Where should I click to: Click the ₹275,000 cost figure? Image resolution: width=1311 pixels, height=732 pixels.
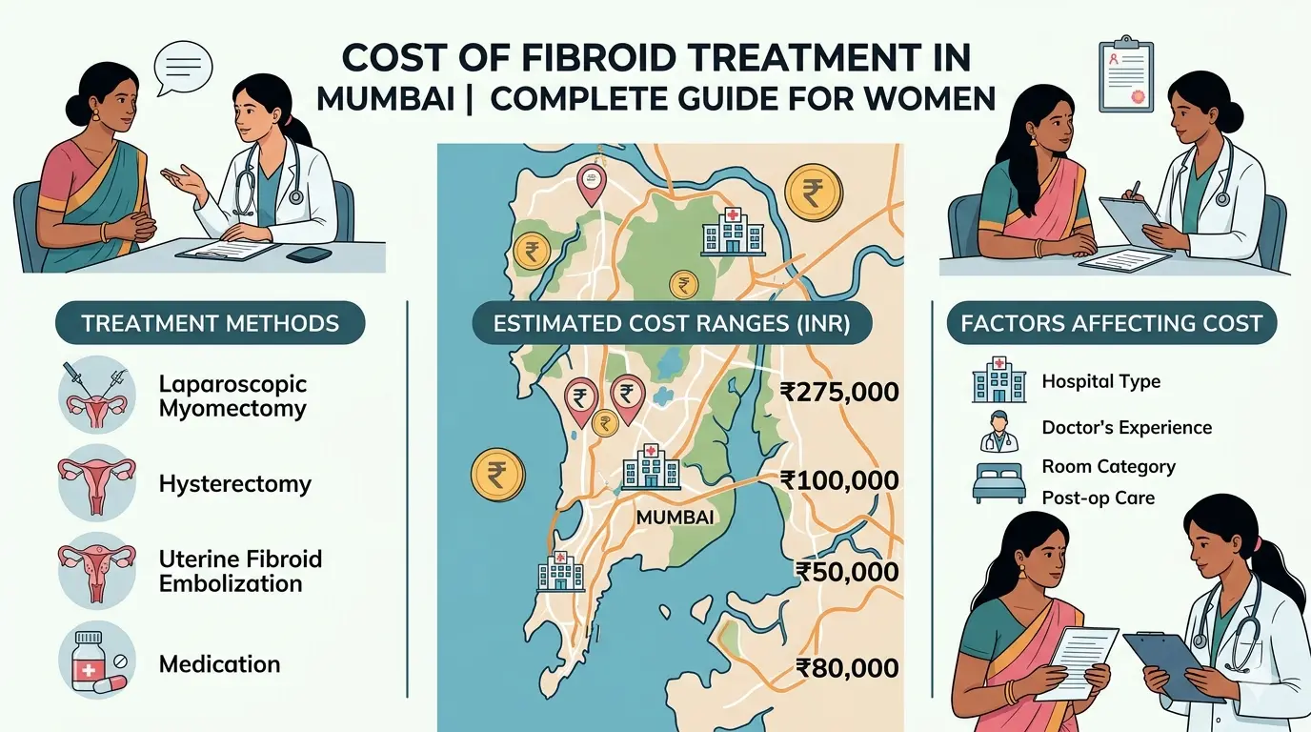[x=838, y=392]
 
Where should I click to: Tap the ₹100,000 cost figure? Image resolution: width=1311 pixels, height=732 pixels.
[x=838, y=480]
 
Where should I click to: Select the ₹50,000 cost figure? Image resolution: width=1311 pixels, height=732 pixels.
[x=846, y=572]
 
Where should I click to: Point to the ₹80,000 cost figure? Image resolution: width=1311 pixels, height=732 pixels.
[x=846, y=668]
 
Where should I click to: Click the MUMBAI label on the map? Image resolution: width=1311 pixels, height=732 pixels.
[x=675, y=518]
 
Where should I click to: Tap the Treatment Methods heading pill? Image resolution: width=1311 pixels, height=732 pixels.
[x=210, y=323]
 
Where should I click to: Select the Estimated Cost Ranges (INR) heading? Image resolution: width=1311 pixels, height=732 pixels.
[x=672, y=323]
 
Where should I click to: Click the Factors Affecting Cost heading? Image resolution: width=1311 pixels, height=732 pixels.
[x=1111, y=323]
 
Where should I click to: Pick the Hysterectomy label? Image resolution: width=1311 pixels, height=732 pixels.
[x=234, y=484]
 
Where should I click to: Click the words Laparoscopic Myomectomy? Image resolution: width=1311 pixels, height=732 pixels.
[x=232, y=396]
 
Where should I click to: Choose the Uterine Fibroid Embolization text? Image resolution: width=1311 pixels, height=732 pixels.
[x=240, y=571]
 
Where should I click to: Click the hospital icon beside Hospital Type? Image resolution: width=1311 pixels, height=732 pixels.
[x=999, y=380]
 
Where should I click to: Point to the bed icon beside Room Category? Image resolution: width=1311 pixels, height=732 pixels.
[x=998, y=482]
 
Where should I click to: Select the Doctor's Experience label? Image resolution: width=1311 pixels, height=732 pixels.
[x=1126, y=428]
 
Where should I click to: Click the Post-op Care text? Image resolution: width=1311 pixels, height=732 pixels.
[x=1098, y=498]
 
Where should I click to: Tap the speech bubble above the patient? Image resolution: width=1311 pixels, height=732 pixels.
[x=183, y=68]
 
